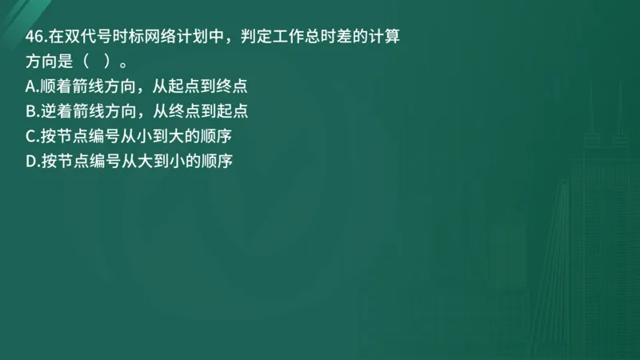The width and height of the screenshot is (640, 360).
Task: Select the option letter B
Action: tap(30, 111)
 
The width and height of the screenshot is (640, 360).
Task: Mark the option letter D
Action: tap(30, 161)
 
